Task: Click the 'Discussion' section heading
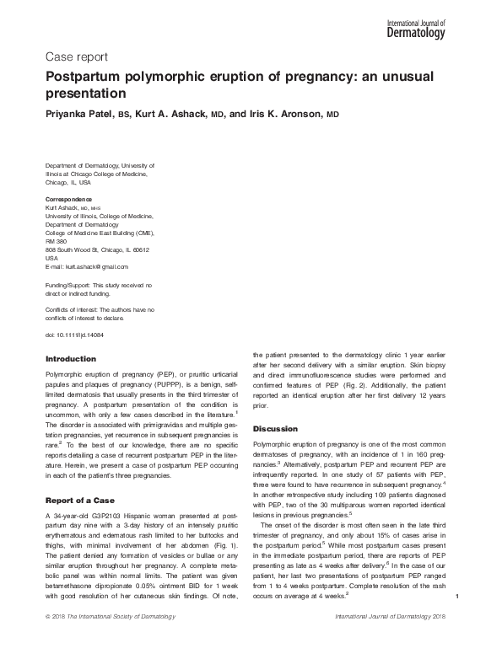coord(276,428)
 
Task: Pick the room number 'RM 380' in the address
coord(56,241)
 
